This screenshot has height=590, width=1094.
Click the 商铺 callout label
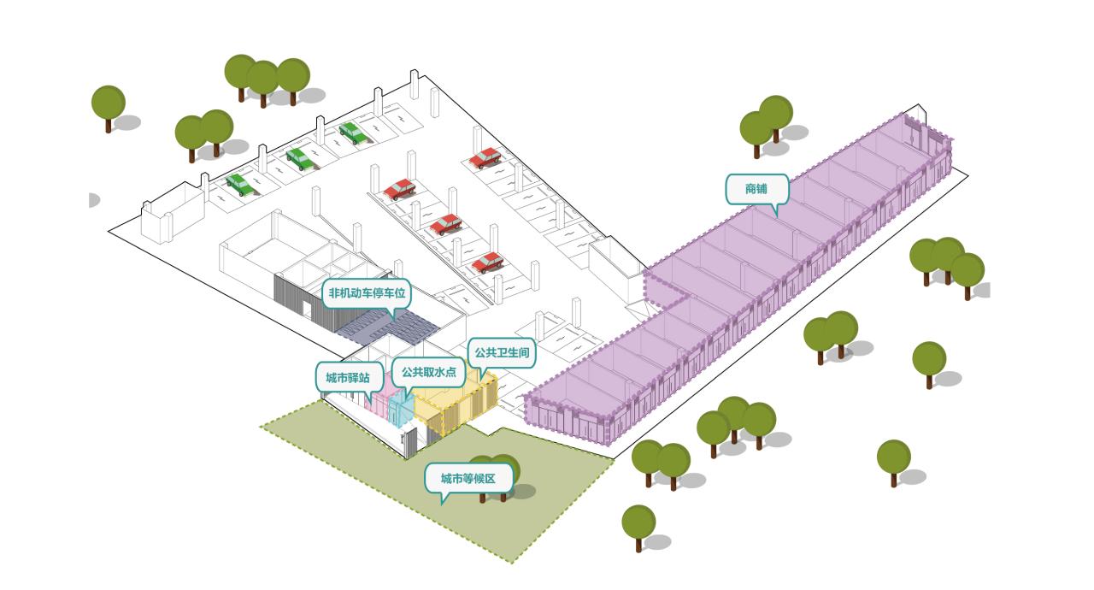pos(756,188)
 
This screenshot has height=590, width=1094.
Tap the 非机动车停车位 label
pos(368,293)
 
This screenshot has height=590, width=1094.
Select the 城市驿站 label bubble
pos(349,377)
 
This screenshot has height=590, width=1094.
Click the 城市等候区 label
pos(468,478)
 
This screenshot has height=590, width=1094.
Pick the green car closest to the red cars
pos(351,133)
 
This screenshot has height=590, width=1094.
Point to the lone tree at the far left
pos(109,104)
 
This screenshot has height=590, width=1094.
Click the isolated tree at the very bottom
pos(638,523)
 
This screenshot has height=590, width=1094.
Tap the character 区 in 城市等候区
pos(491,478)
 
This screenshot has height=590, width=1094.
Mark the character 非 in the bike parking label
pos(335,293)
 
